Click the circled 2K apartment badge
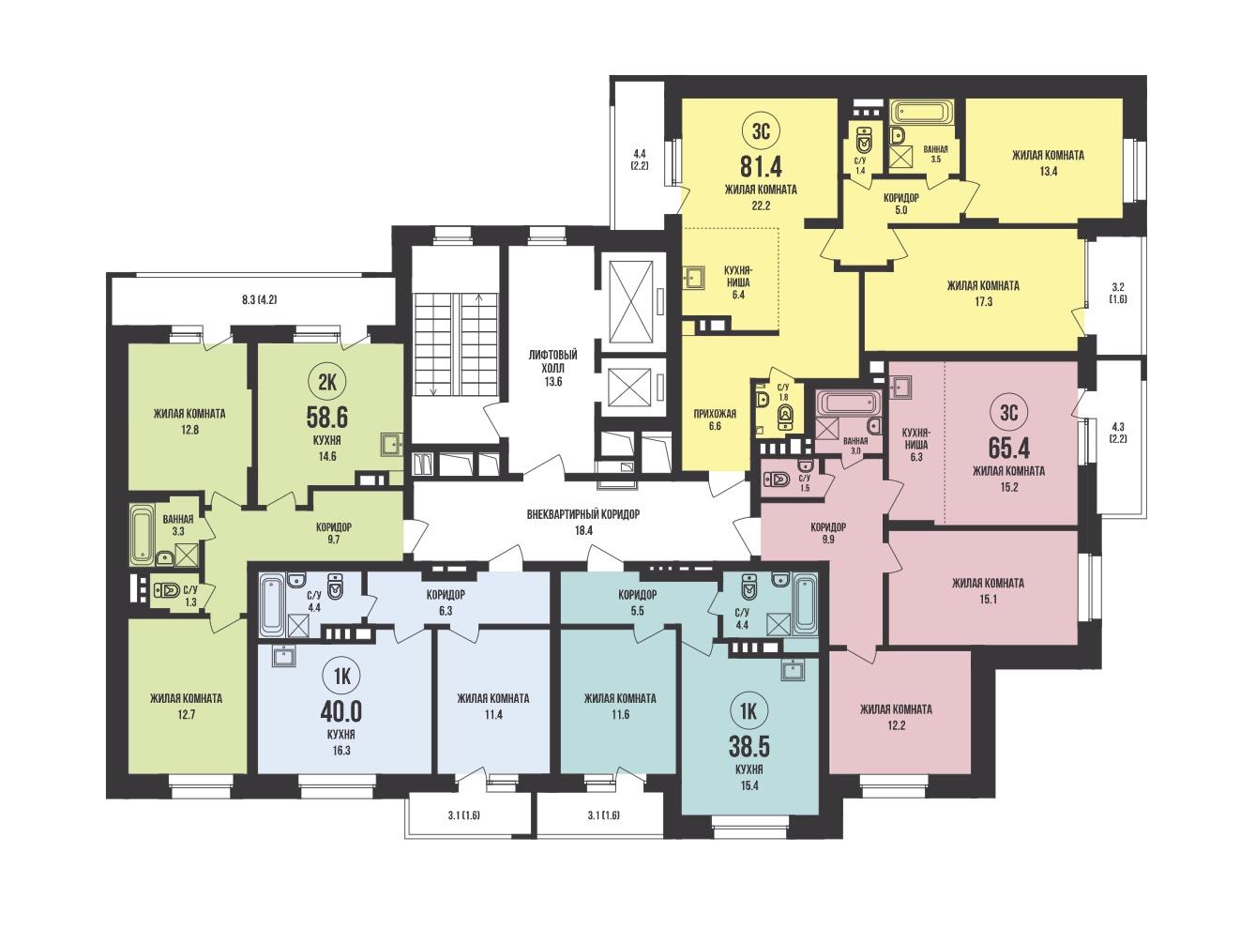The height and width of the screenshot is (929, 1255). [x=327, y=383]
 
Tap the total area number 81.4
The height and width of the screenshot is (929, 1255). [x=761, y=168]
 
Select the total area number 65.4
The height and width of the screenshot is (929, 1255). [x=1009, y=449]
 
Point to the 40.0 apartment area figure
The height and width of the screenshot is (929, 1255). [x=340, y=712]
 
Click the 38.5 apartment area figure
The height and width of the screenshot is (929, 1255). [x=748, y=747]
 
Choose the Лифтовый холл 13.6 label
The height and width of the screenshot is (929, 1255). [x=552, y=368]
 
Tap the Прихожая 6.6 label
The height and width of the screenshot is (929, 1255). [x=715, y=419]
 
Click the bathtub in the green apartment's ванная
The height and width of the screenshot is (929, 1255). [x=141, y=536]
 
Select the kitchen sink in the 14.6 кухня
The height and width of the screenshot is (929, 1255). [x=390, y=445]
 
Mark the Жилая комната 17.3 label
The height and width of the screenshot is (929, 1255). [x=983, y=294]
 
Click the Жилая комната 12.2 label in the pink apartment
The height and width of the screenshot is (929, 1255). [x=897, y=717]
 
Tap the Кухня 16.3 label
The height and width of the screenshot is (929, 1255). [x=340, y=742]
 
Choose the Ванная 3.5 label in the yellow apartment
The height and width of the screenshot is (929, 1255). [x=935, y=154]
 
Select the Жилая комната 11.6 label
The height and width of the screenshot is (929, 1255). [x=620, y=706]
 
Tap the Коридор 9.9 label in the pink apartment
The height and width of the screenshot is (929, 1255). [x=828, y=533]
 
